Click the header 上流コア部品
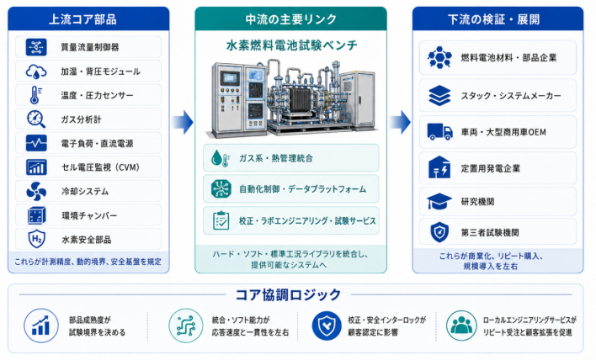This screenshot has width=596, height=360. click(x=82, y=19)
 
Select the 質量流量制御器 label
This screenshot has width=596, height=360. click(x=90, y=47)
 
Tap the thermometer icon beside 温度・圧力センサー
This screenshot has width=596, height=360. click(x=35, y=95)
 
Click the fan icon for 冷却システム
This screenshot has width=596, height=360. click(x=36, y=192)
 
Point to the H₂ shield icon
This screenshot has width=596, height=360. click(x=36, y=239)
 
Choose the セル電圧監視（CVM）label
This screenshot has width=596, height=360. click(x=101, y=167)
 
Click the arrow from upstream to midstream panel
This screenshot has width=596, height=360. click(x=183, y=122)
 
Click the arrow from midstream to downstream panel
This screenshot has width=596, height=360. click(x=400, y=122)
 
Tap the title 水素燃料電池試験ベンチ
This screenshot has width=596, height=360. click(x=291, y=45)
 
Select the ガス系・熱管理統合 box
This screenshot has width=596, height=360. click(x=290, y=158)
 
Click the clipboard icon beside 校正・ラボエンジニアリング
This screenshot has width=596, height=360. click(x=221, y=220)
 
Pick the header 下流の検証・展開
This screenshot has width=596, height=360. click(x=494, y=19)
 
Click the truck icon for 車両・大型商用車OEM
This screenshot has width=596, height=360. click(x=439, y=132)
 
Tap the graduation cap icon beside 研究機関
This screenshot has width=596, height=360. click(x=439, y=201)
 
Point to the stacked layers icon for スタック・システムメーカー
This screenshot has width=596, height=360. click(x=439, y=95)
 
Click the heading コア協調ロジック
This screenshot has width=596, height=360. click(x=288, y=294)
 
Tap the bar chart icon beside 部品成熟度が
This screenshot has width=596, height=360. click(x=41, y=326)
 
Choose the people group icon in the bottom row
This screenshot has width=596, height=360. click(x=461, y=326)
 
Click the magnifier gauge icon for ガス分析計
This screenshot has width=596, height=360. click(x=36, y=119)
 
